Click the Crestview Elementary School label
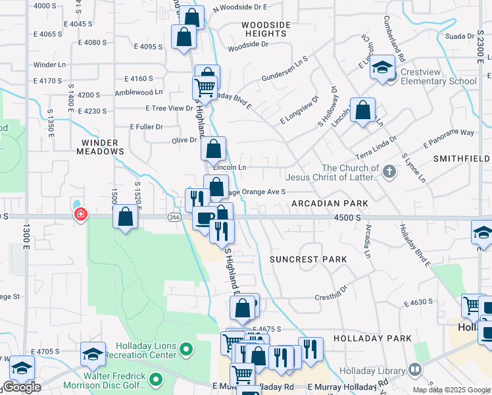click(x=435, y=82)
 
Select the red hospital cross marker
click(x=81, y=215)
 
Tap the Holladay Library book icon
click(x=414, y=369)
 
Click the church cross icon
click(x=389, y=172)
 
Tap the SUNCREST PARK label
click(x=308, y=259)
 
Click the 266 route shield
click(x=174, y=217)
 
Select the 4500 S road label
click(x=347, y=217)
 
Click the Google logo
click(x=22, y=388)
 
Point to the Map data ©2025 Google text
click(x=451, y=390)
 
